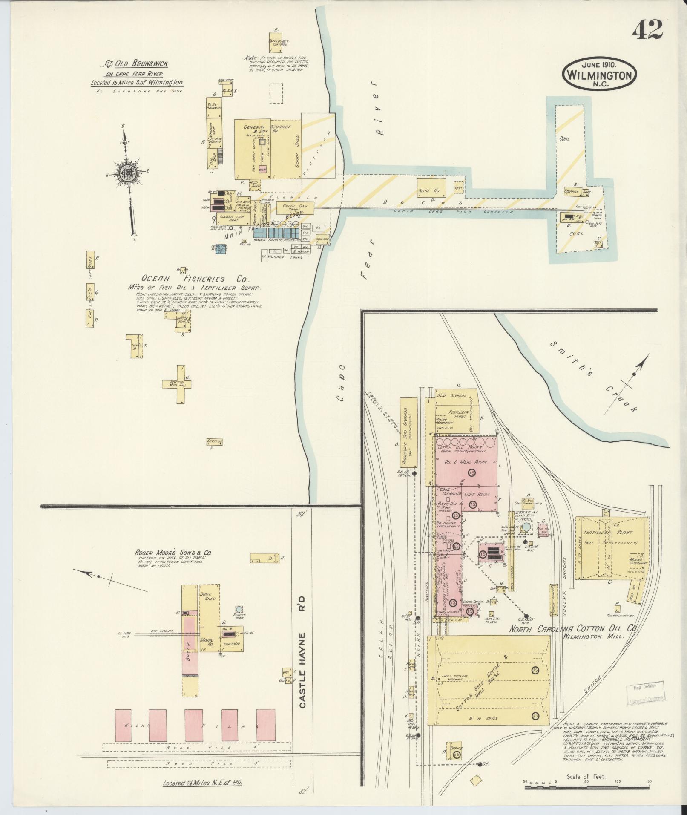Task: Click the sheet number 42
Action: tap(647, 29)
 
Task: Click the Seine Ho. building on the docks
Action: tap(431, 187)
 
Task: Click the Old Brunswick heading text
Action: tap(136, 64)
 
